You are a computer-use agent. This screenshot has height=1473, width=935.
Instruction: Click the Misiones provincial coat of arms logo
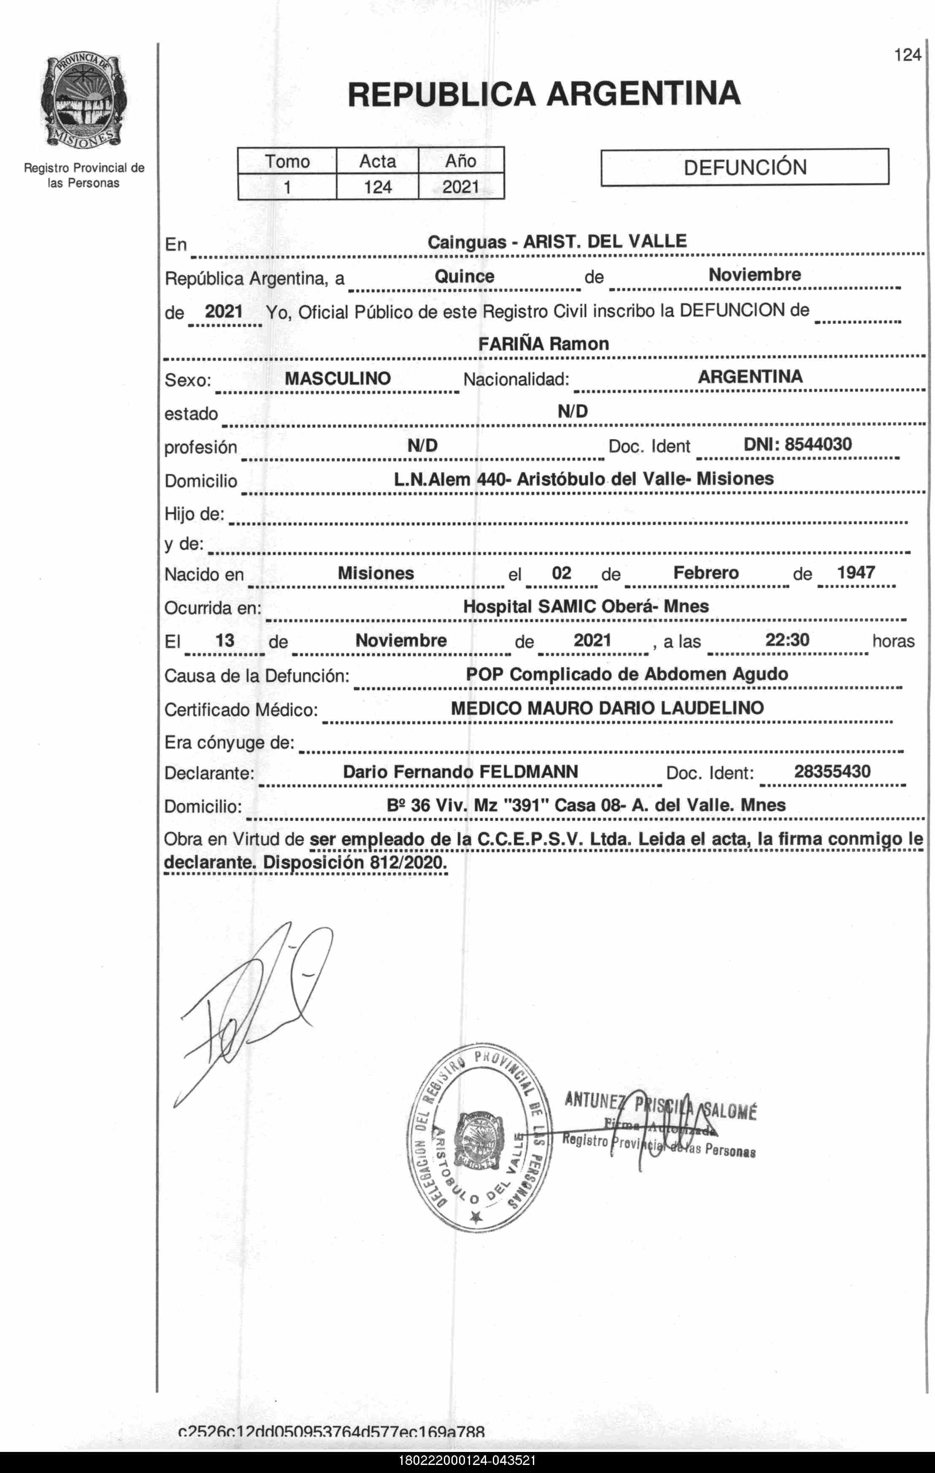[x=84, y=100]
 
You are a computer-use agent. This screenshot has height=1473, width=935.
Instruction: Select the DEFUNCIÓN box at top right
[x=744, y=167]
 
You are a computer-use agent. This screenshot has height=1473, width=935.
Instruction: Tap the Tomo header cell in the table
[x=287, y=161]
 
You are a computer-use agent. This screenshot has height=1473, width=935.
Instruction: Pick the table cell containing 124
[x=377, y=186]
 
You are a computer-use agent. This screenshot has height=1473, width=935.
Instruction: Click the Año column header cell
[x=460, y=161]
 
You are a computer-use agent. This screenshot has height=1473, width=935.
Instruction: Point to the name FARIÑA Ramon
[x=543, y=344]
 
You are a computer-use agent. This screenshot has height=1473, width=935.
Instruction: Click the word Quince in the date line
[x=464, y=276]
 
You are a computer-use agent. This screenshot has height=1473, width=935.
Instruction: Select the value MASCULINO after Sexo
[x=338, y=378]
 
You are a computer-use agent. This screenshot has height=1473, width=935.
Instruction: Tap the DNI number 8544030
[x=818, y=444]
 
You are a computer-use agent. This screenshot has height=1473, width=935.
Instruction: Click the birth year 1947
[x=856, y=573]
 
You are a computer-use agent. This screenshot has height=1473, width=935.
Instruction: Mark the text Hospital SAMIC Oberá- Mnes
[x=585, y=607]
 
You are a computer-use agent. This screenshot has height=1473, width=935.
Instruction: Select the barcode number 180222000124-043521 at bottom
[x=467, y=1461]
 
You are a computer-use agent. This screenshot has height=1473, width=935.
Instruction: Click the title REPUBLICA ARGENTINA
[x=543, y=94]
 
